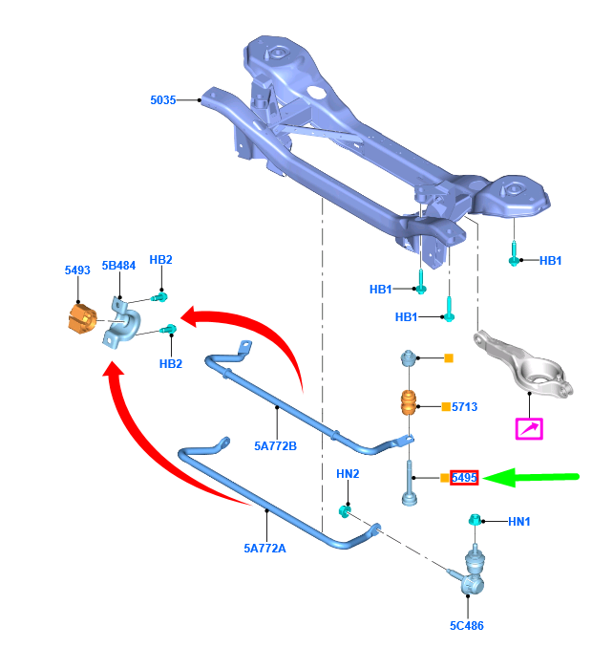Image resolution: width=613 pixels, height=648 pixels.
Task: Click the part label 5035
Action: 163,99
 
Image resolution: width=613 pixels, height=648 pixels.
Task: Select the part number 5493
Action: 77,270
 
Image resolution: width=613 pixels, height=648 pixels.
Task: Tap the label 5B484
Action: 119,267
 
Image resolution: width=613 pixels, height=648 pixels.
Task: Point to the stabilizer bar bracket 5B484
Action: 121,323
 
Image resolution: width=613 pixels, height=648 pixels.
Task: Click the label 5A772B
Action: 275,445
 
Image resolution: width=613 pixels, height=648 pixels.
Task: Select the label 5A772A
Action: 264,549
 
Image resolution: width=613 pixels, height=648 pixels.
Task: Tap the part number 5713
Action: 465,407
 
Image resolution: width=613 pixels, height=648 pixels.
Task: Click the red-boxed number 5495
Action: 464,476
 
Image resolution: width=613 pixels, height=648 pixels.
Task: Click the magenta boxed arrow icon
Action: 529,427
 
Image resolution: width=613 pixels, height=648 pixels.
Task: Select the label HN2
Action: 348,474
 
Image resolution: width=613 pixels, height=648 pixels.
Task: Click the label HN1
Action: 518,521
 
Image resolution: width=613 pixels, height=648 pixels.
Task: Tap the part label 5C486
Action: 467,627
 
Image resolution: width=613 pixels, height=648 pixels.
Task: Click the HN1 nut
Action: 473,520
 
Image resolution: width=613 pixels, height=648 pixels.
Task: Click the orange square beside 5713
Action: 445,407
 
